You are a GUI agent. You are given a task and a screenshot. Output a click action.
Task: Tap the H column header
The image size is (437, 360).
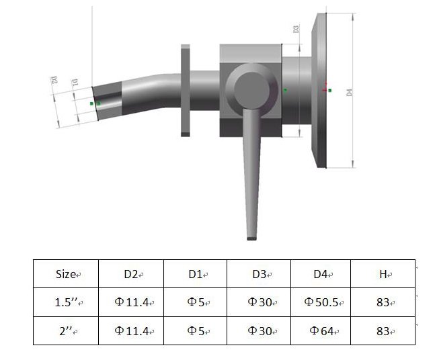click(384, 274)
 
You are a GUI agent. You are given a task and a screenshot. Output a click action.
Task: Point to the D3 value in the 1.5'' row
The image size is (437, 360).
click(260, 302)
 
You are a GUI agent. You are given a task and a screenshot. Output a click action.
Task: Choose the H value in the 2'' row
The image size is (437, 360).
click(384, 330)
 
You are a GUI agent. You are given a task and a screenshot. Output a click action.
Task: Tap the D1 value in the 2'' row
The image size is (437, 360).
click(196, 330)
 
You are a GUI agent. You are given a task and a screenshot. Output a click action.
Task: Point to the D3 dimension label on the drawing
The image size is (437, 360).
click(296, 30)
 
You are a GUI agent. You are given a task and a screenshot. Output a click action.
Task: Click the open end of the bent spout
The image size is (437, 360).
click(98, 103)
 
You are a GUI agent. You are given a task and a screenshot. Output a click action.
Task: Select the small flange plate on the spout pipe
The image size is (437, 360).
click(186, 91)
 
